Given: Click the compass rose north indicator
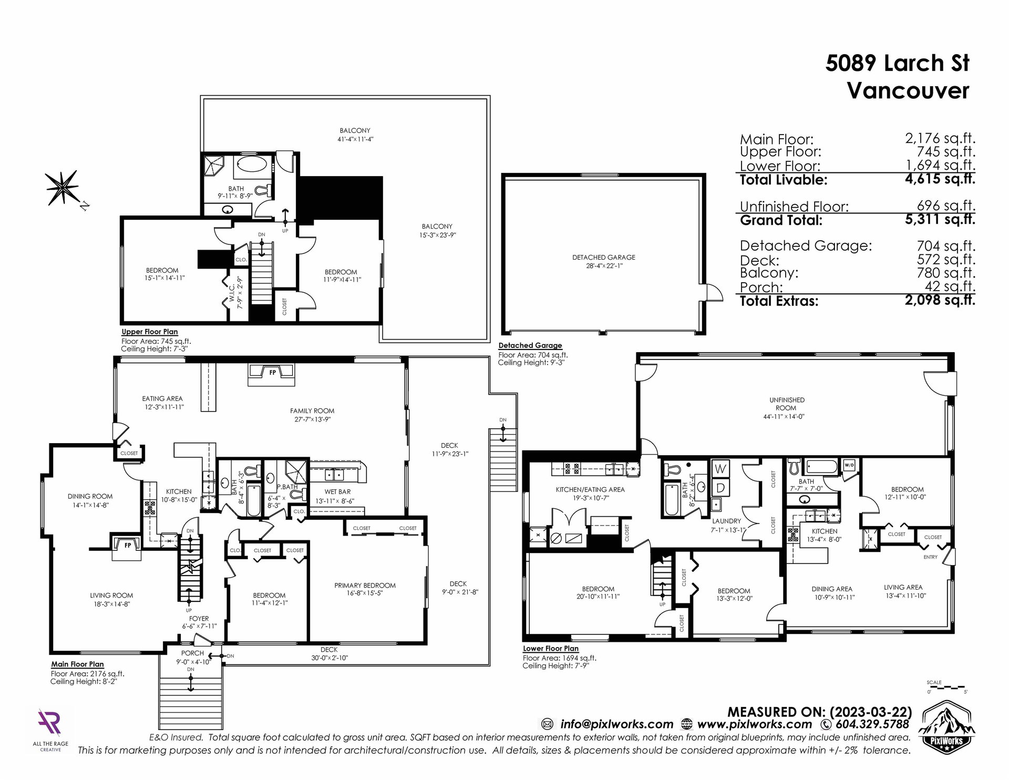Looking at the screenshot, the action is (63, 188).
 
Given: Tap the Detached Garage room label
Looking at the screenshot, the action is (604, 258).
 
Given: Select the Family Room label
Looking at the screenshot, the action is (312, 411).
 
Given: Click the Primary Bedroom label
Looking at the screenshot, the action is (365, 586).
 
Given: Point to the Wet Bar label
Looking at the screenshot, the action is (337, 492).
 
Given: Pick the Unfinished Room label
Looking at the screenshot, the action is (787, 404).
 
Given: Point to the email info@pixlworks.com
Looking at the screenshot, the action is (616, 724).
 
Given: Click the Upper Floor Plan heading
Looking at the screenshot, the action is (150, 332).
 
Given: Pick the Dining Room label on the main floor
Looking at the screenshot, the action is (90, 497).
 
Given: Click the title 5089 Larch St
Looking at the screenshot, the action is (897, 64).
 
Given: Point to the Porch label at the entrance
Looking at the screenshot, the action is (192, 653).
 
